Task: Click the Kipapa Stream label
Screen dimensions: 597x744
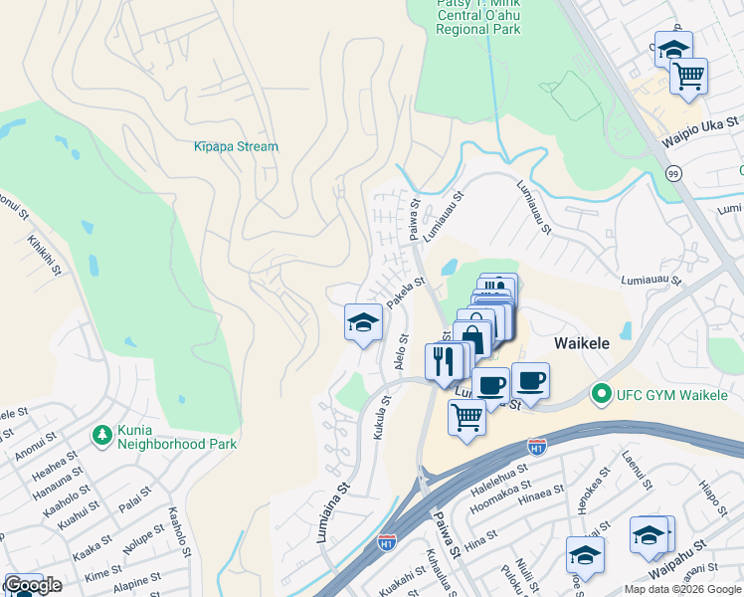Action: pos(236,146)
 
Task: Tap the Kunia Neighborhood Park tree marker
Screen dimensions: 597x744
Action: pos(100,435)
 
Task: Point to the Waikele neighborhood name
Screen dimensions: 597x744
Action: pos(581,342)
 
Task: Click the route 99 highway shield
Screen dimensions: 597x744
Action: pos(673,173)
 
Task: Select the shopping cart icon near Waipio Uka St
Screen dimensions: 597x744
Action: pos(688,76)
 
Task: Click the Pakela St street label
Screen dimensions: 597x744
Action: pos(406,295)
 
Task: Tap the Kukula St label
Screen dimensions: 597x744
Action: pos(379,413)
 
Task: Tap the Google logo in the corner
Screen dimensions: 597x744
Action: pos(32,585)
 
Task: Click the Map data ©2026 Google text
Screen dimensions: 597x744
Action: pos(681,589)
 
